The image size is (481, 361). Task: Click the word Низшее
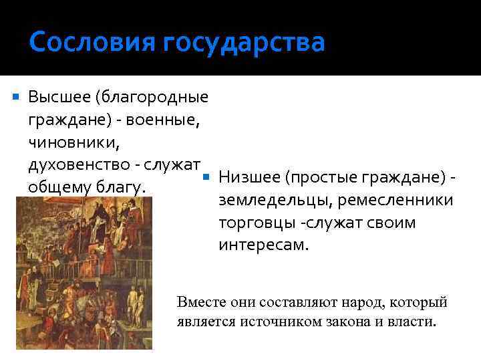248,178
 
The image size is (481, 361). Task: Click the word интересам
263,245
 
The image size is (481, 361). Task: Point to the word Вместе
198,303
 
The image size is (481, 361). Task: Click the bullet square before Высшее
16,98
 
